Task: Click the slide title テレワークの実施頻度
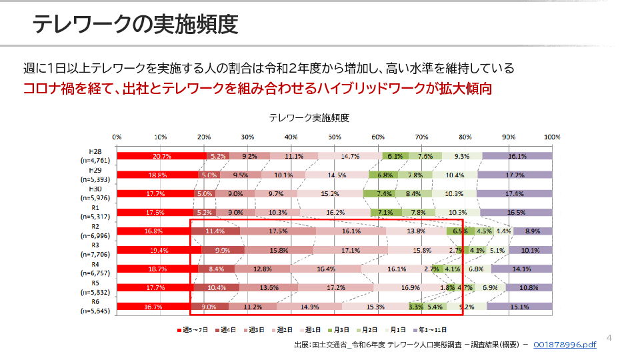[x=135, y=24]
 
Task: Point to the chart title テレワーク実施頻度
[x=309, y=117]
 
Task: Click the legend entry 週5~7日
[x=194, y=330]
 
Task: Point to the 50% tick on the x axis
[x=335, y=137]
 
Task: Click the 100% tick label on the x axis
[x=553, y=137]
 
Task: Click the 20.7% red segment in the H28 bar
[x=162, y=156]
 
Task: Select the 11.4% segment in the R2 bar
[x=215, y=231]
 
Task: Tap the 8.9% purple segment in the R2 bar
[x=533, y=231]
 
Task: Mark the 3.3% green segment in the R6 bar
[x=416, y=307]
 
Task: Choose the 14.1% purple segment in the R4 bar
[x=522, y=269]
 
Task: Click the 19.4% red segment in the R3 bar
[x=159, y=250]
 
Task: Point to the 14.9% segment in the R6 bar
[x=310, y=307]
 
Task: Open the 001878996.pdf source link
[x=565, y=345]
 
